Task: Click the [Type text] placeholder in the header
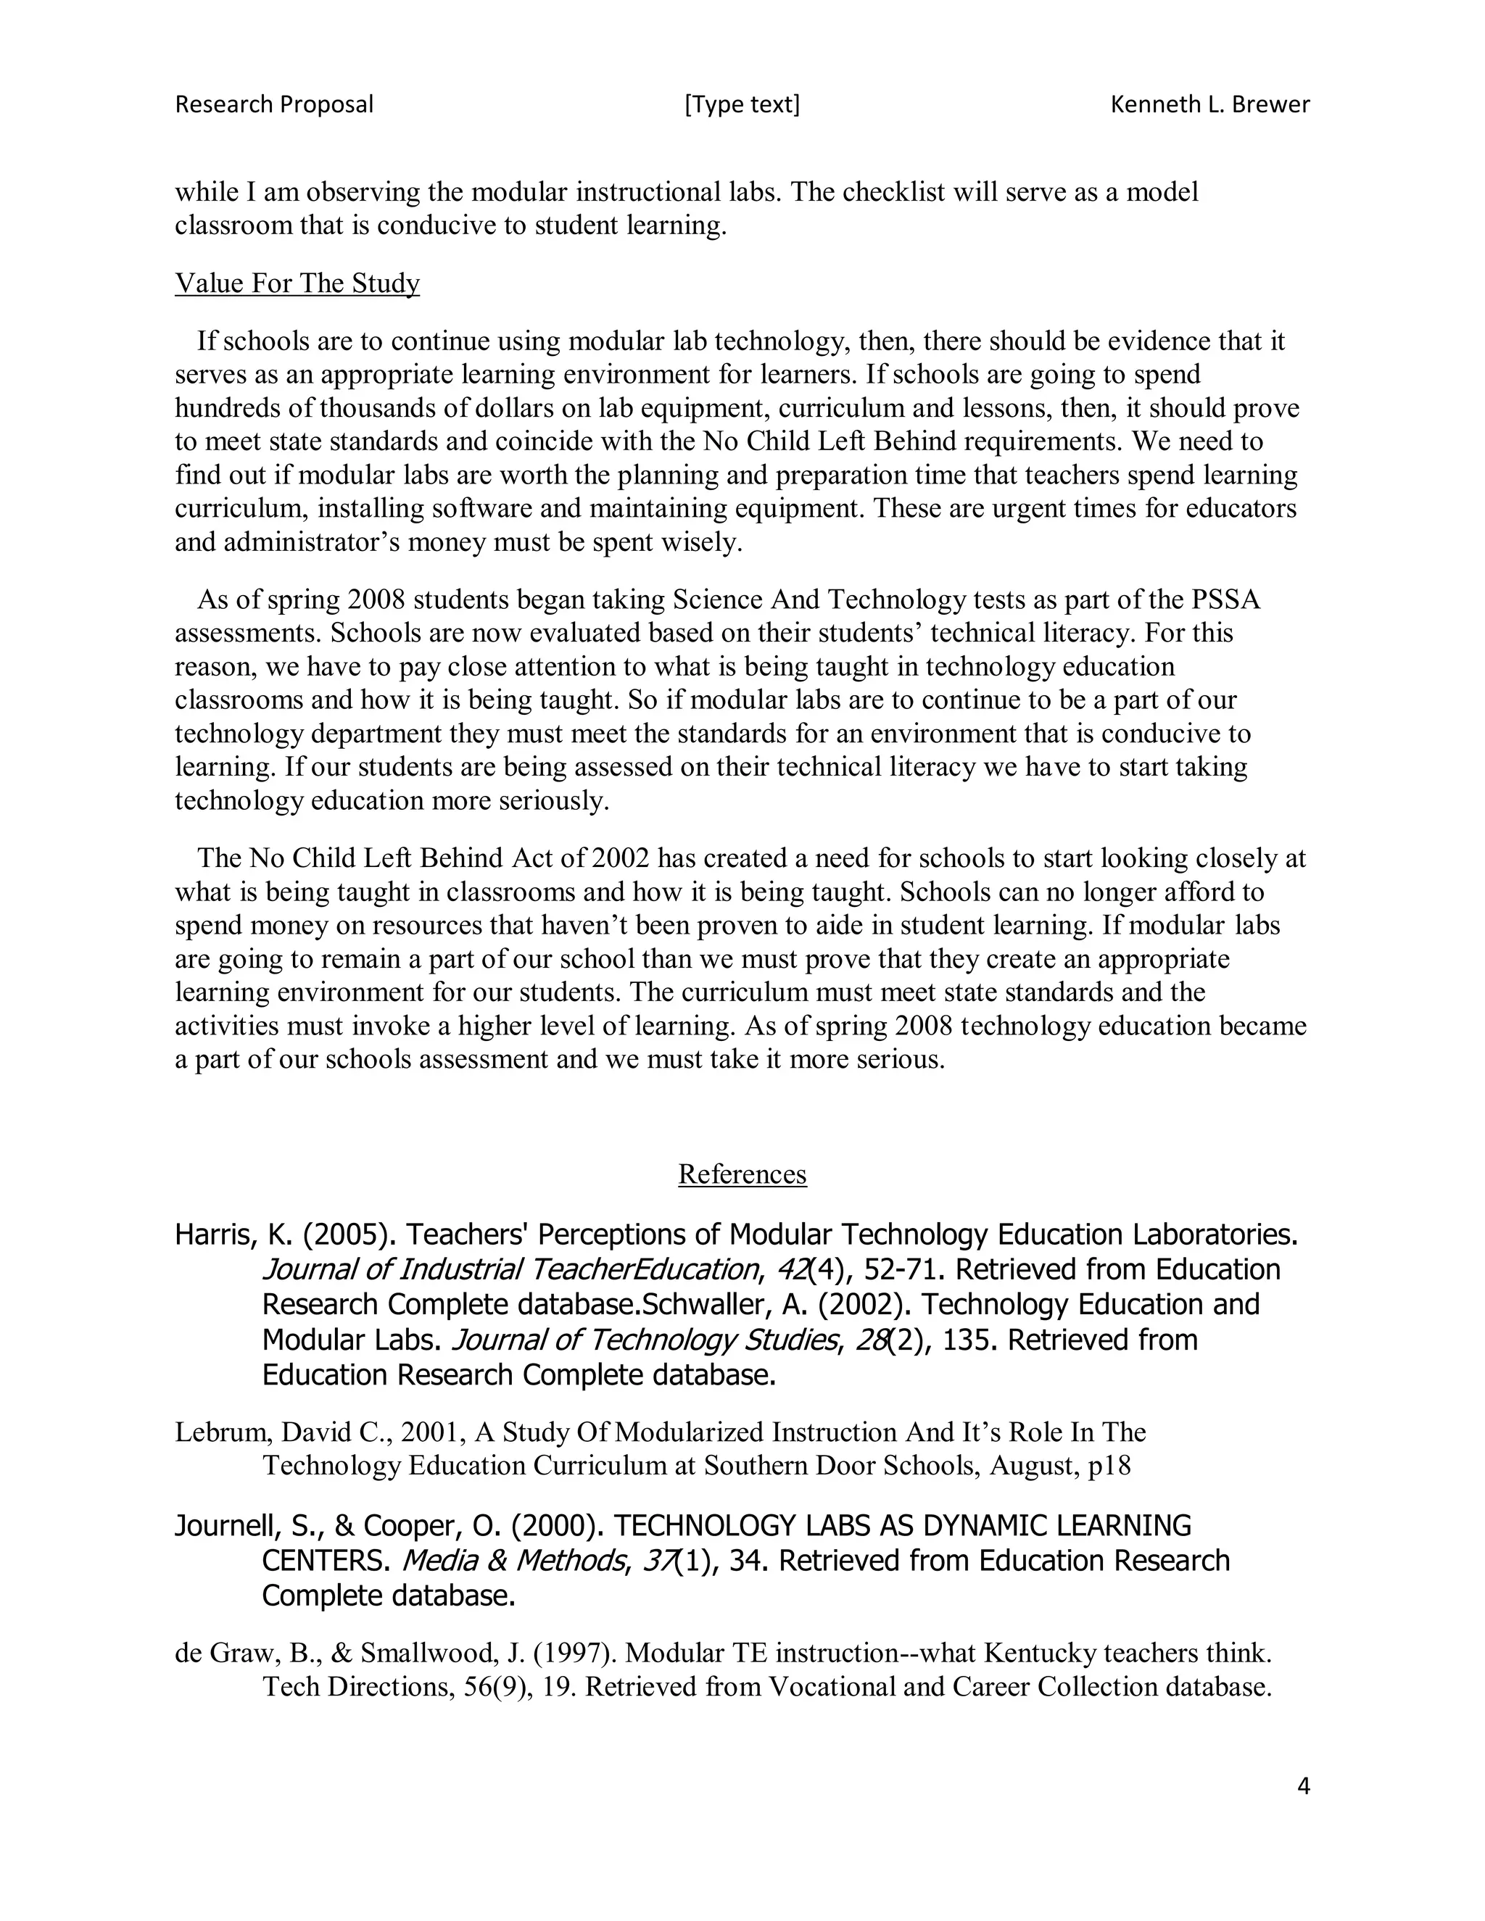(x=742, y=104)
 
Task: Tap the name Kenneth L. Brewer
(x=1209, y=104)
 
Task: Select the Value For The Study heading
(x=297, y=283)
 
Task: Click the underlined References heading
(x=742, y=1174)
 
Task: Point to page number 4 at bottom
(x=1303, y=1786)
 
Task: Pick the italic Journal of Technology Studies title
(x=642, y=1340)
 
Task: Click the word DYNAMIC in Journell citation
(x=950, y=1525)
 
